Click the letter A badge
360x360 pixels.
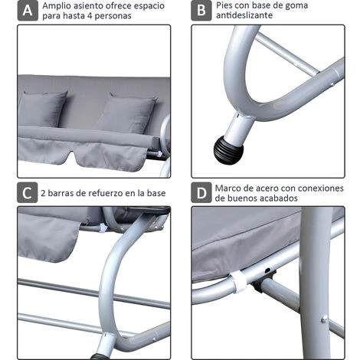28,11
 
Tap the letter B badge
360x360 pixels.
201,11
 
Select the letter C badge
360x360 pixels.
28,192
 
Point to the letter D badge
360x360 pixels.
201,192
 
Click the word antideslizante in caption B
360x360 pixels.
244,15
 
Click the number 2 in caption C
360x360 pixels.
43,193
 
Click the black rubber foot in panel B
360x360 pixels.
228,149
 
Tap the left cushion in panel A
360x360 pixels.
43,109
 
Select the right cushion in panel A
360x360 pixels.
126,113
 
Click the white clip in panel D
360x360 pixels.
237,282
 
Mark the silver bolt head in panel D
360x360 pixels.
324,319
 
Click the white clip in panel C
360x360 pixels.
103,227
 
